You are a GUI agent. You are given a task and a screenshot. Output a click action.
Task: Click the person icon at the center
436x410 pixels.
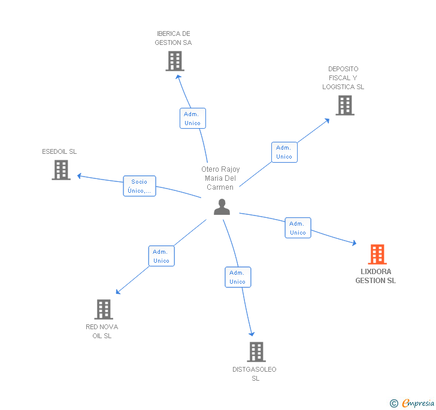point(222,207)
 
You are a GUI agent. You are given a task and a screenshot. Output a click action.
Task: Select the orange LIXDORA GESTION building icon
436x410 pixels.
point(377,254)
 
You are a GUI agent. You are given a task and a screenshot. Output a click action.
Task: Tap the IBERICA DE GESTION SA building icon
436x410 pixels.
point(174,61)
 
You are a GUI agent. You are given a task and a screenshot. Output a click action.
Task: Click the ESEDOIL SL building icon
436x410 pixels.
point(61,170)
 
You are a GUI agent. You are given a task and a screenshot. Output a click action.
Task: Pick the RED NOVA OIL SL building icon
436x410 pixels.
point(104,309)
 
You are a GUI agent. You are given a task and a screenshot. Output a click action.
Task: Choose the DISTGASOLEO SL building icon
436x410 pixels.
point(256,352)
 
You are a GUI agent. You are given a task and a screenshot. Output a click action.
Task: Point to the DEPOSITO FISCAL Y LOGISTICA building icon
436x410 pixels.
point(344,105)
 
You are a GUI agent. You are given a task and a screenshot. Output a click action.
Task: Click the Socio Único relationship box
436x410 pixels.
point(140,186)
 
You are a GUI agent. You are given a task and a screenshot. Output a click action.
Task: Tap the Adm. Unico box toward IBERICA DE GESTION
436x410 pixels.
point(192,119)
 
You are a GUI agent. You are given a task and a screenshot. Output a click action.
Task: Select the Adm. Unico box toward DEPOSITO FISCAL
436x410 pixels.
point(284,152)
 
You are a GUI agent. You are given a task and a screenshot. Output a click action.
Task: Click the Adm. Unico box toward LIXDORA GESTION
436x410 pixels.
point(298,228)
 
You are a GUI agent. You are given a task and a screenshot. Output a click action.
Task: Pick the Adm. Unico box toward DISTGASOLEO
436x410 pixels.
point(238,277)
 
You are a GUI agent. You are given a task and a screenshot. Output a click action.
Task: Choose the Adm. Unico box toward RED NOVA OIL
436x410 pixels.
point(161,256)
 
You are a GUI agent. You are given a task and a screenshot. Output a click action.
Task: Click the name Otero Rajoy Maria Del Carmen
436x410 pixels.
point(220,178)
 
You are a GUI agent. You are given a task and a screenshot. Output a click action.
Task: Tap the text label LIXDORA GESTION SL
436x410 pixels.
point(376,276)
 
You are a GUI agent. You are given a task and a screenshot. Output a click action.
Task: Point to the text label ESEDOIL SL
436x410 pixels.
point(59,151)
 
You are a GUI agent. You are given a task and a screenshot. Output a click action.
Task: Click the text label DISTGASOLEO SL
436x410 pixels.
point(255,373)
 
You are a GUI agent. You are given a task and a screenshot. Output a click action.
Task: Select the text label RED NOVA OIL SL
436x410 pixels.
point(102,331)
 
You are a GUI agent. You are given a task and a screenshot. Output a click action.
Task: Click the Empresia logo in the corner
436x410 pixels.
point(417,403)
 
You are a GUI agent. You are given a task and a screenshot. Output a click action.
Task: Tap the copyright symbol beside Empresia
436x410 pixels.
point(394,404)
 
